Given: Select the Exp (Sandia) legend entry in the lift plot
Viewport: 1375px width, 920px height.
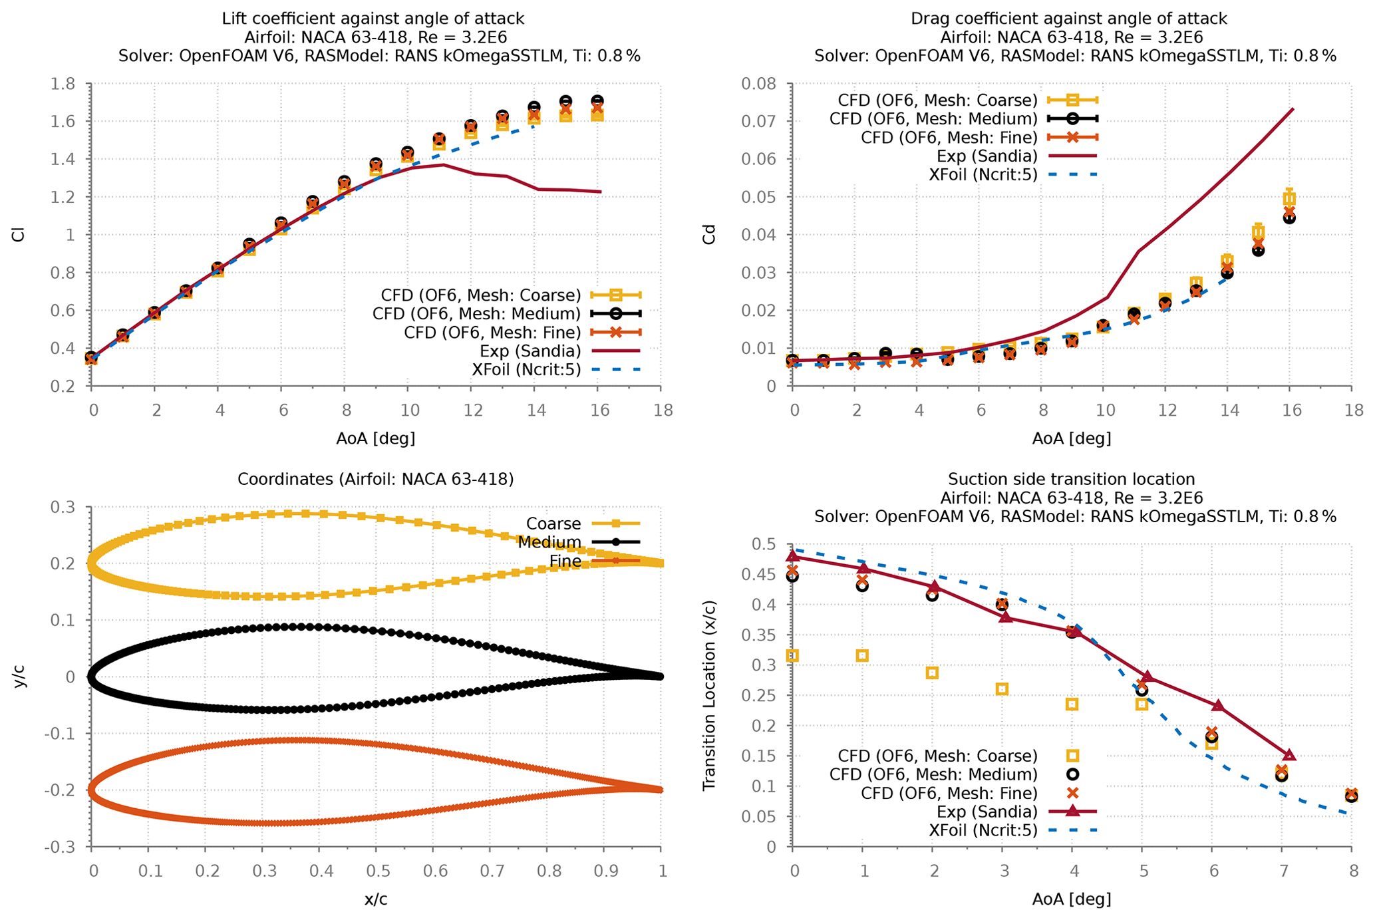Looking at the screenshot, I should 530,351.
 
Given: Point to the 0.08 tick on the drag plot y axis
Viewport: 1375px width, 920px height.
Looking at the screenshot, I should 764,84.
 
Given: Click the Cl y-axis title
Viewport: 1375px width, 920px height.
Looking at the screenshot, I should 18,235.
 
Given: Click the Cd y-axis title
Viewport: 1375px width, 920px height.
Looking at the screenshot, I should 709,235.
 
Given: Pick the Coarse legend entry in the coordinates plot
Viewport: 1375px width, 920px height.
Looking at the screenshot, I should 553,524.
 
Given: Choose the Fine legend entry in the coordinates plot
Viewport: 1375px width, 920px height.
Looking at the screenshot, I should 565,562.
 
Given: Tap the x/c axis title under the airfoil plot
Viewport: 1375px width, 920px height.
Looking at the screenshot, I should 376,900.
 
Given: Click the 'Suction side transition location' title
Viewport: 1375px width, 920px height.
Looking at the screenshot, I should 1071,479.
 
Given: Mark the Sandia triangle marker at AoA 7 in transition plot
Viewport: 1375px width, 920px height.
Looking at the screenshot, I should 1289,755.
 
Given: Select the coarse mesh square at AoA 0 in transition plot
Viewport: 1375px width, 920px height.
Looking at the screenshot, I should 792,656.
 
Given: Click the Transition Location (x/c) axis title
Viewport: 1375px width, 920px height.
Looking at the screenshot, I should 709,695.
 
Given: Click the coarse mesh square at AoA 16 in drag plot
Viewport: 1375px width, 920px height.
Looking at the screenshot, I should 1289,198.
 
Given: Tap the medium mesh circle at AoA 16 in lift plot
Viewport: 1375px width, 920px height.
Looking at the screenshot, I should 597,101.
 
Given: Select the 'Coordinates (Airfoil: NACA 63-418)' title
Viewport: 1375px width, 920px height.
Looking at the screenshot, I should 376,479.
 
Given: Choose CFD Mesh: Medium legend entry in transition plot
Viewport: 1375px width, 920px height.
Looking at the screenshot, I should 933,774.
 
